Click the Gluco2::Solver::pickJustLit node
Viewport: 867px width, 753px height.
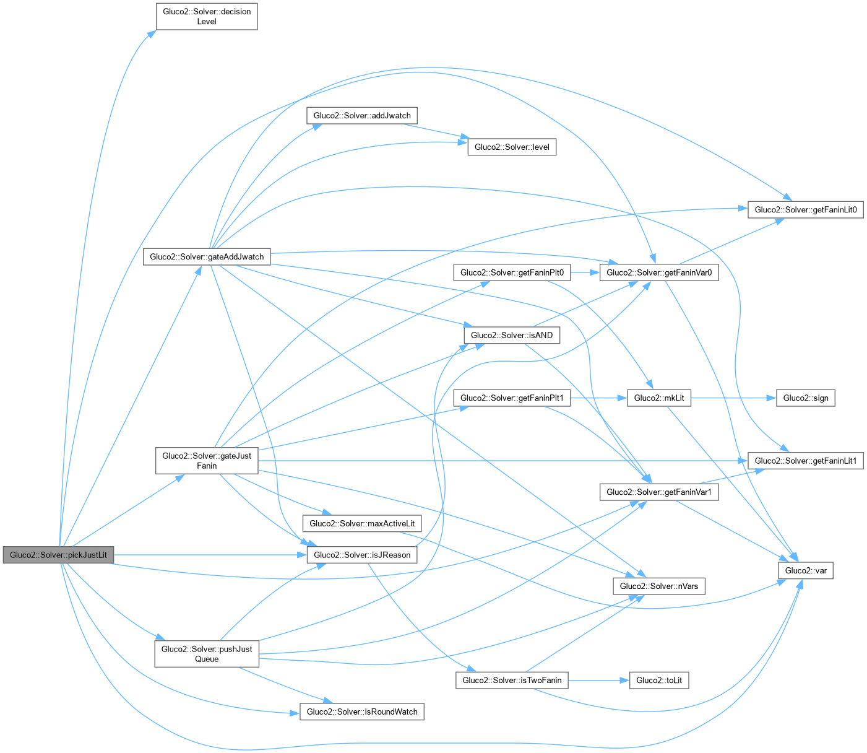[x=58, y=555]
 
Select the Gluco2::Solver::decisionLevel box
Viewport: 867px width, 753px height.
[x=207, y=17]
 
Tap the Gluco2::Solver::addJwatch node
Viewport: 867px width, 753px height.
[x=362, y=115]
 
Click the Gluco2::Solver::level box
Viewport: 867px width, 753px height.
[x=512, y=147]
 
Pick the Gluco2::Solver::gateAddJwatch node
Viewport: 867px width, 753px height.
[x=207, y=256]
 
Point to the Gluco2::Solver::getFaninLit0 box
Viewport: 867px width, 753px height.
[x=805, y=209]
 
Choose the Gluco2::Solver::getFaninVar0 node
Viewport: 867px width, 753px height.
[x=659, y=272]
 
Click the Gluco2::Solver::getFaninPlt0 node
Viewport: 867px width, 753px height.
[x=512, y=272]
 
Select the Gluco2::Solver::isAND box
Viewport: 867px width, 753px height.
[x=512, y=335]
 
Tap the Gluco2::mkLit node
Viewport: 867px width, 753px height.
[x=659, y=398]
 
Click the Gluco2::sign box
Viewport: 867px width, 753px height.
[x=805, y=398]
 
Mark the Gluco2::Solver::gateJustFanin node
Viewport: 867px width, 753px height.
[x=207, y=461]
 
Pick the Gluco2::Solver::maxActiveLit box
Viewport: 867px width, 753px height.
[x=362, y=523]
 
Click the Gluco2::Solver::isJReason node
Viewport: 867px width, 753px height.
[x=362, y=555]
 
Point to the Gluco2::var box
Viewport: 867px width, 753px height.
[x=805, y=570]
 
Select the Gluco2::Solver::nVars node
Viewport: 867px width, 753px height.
[x=659, y=586]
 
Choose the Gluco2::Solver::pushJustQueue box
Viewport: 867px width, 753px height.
[x=207, y=654]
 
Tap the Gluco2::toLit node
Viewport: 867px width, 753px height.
[x=659, y=680]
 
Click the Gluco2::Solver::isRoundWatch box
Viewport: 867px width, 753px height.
[x=362, y=712]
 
